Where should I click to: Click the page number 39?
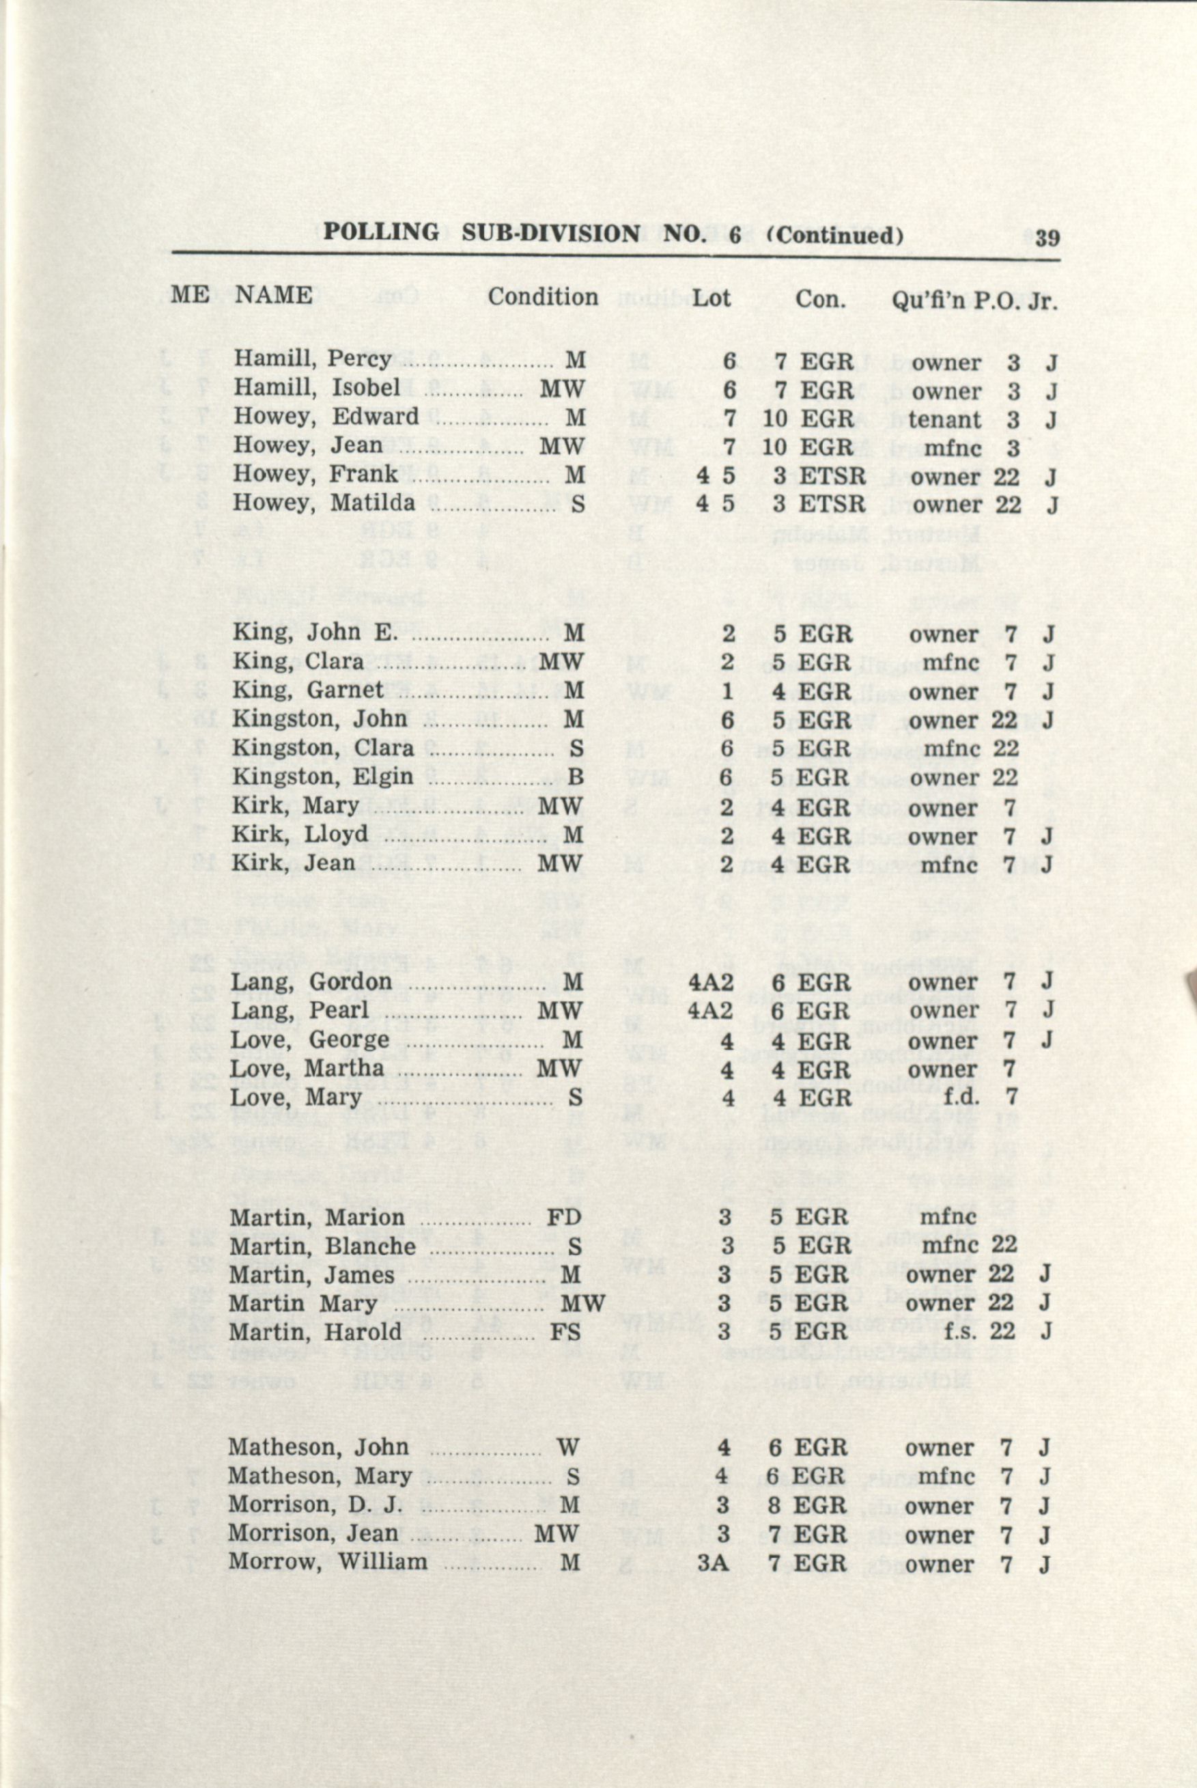pyautogui.click(x=1047, y=238)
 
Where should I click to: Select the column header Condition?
pyautogui.click(x=543, y=296)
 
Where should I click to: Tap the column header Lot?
pyautogui.click(x=711, y=297)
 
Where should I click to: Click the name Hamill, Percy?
pyautogui.click(x=312, y=358)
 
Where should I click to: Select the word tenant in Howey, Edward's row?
pyautogui.click(x=945, y=419)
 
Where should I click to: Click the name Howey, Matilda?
pyautogui.click(x=324, y=503)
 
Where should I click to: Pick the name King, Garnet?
pyautogui.click(x=308, y=690)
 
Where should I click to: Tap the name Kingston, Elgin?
pyautogui.click(x=323, y=777)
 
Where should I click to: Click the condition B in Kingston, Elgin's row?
pyautogui.click(x=576, y=778)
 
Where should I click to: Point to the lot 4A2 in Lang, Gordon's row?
pyautogui.click(x=711, y=982)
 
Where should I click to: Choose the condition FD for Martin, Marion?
pyautogui.click(x=564, y=1217)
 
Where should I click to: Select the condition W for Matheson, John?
pyautogui.click(x=567, y=1447)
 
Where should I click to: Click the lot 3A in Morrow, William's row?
pyautogui.click(x=713, y=1562)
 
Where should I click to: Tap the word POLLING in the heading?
pyautogui.click(x=381, y=232)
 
